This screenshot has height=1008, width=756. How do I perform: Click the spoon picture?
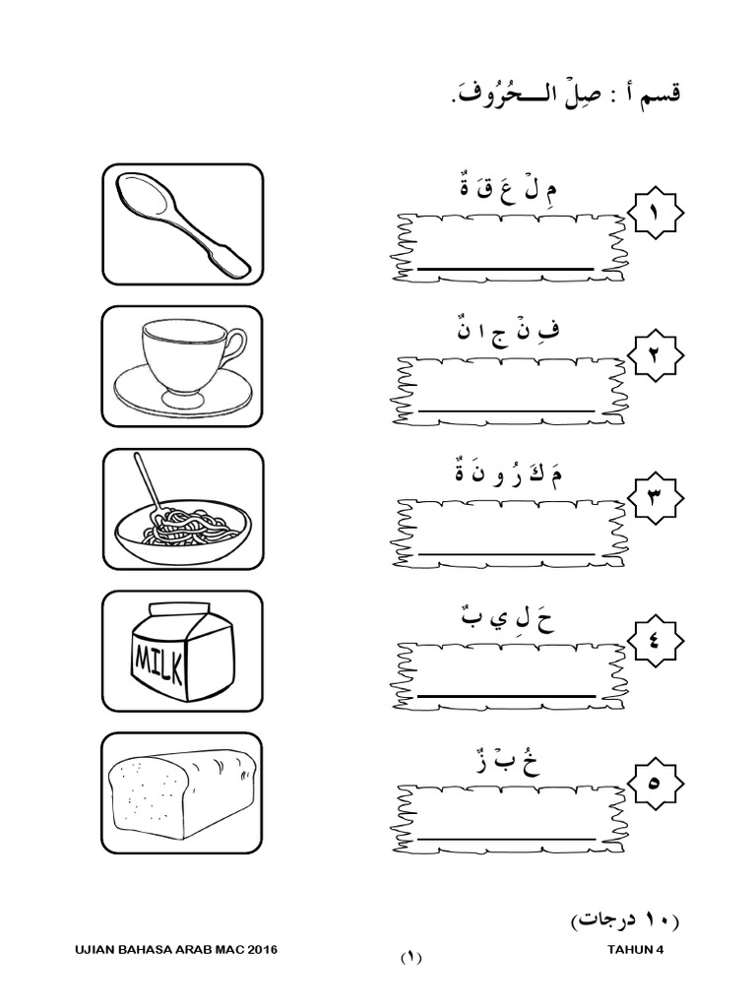click(182, 223)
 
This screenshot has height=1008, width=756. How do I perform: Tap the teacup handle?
click(234, 346)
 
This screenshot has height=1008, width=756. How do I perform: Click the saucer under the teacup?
click(182, 394)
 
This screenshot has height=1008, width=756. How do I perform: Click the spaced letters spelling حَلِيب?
click(508, 619)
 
